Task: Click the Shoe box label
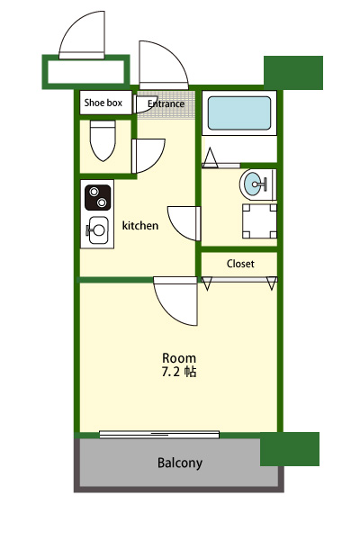click(103, 103)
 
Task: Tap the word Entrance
click(166, 103)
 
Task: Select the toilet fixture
click(103, 140)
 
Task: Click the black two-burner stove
click(98, 197)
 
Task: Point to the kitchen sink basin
click(99, 230)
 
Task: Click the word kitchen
click(140, 226)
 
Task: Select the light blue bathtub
click(239, 113)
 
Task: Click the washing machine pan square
click(259, 221)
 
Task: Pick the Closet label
click(240, 264)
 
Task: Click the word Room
click(179, 358)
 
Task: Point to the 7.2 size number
click(171, 372)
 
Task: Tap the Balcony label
click(180, 463)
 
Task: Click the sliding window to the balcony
click(159, 435)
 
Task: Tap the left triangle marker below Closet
click(207, 283)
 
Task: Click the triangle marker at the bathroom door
click(210, 158)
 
